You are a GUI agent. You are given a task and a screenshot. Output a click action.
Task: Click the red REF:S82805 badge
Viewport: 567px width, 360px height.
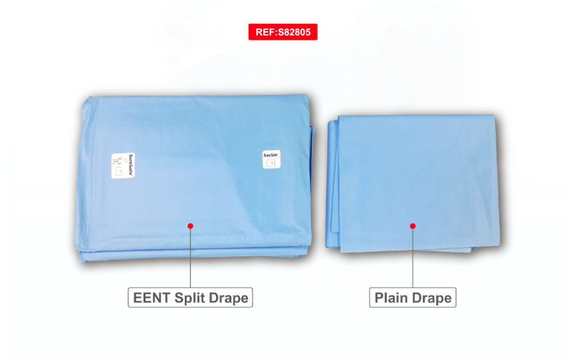[x=283, y=31]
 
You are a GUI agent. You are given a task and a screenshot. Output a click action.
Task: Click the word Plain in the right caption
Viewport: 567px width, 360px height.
[x=391, y=298]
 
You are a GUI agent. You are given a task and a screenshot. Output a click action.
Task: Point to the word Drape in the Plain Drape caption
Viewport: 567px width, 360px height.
[x=431, y=298]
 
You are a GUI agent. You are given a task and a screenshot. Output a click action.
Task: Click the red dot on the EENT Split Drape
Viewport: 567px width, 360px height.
[x=191, y=226]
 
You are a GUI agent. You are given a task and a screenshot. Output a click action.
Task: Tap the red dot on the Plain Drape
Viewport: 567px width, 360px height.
[x=413, y=226]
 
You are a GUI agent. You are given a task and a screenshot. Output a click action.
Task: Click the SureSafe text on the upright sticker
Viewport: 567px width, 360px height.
[x=271, y=153]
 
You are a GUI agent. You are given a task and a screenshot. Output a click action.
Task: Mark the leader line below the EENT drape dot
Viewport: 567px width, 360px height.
[x=191, y=259]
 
